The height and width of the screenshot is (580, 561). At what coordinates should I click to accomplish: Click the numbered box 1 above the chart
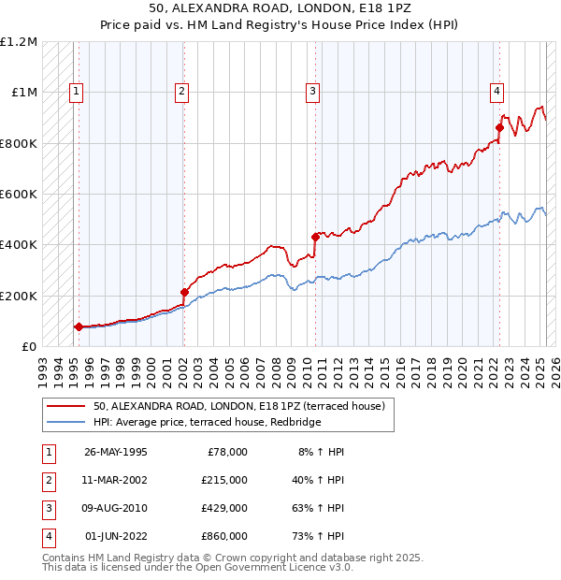[x=76, y=91]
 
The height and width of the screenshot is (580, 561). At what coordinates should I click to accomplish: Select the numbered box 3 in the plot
[x=312, y=91]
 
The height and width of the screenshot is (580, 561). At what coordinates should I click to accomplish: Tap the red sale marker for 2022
[x=499, y=127]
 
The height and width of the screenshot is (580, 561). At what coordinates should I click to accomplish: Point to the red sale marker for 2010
[x=315, y=238]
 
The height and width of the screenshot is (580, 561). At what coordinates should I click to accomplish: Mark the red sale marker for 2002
[x=184, y=292]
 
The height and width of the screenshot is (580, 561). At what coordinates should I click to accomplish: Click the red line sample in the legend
[x=65, y=407]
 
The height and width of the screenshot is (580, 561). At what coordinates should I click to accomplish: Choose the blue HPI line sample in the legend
[x=65, y=423]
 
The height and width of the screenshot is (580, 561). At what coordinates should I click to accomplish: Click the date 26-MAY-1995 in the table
[x=116, y=452]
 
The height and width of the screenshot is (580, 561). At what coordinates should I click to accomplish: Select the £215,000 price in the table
[x=224, y=480]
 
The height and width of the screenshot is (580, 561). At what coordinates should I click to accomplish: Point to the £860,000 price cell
[x=224, y=536]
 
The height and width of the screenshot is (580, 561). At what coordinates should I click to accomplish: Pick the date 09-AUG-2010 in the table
[x=116, y=508]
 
